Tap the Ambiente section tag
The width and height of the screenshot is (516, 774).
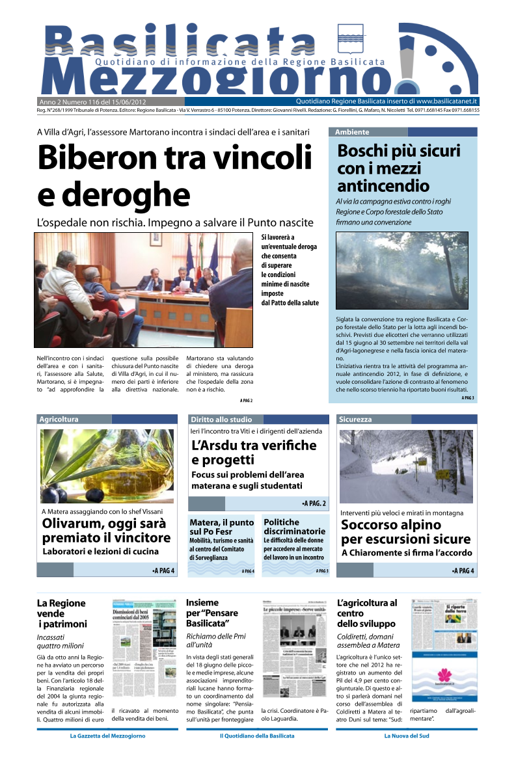click(352, 132)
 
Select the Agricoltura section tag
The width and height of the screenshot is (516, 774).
click(59, 420)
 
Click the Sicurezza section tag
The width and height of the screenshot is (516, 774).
click(355, 420)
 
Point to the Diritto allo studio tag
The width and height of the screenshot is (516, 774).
click(221, 420)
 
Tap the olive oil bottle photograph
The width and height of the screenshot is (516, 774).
click(107, 466)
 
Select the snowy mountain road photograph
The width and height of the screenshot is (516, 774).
click(406, 466)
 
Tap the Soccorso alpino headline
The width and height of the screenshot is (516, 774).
click(405, 531)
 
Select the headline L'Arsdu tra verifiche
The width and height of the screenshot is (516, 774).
click(254, 453)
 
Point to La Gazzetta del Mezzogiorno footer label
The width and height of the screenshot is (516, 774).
click(107, 736)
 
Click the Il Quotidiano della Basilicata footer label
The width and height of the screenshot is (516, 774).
click(257, 736)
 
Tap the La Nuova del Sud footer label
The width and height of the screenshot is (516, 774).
click(407, 736)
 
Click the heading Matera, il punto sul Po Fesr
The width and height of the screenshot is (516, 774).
click(221, 527)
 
